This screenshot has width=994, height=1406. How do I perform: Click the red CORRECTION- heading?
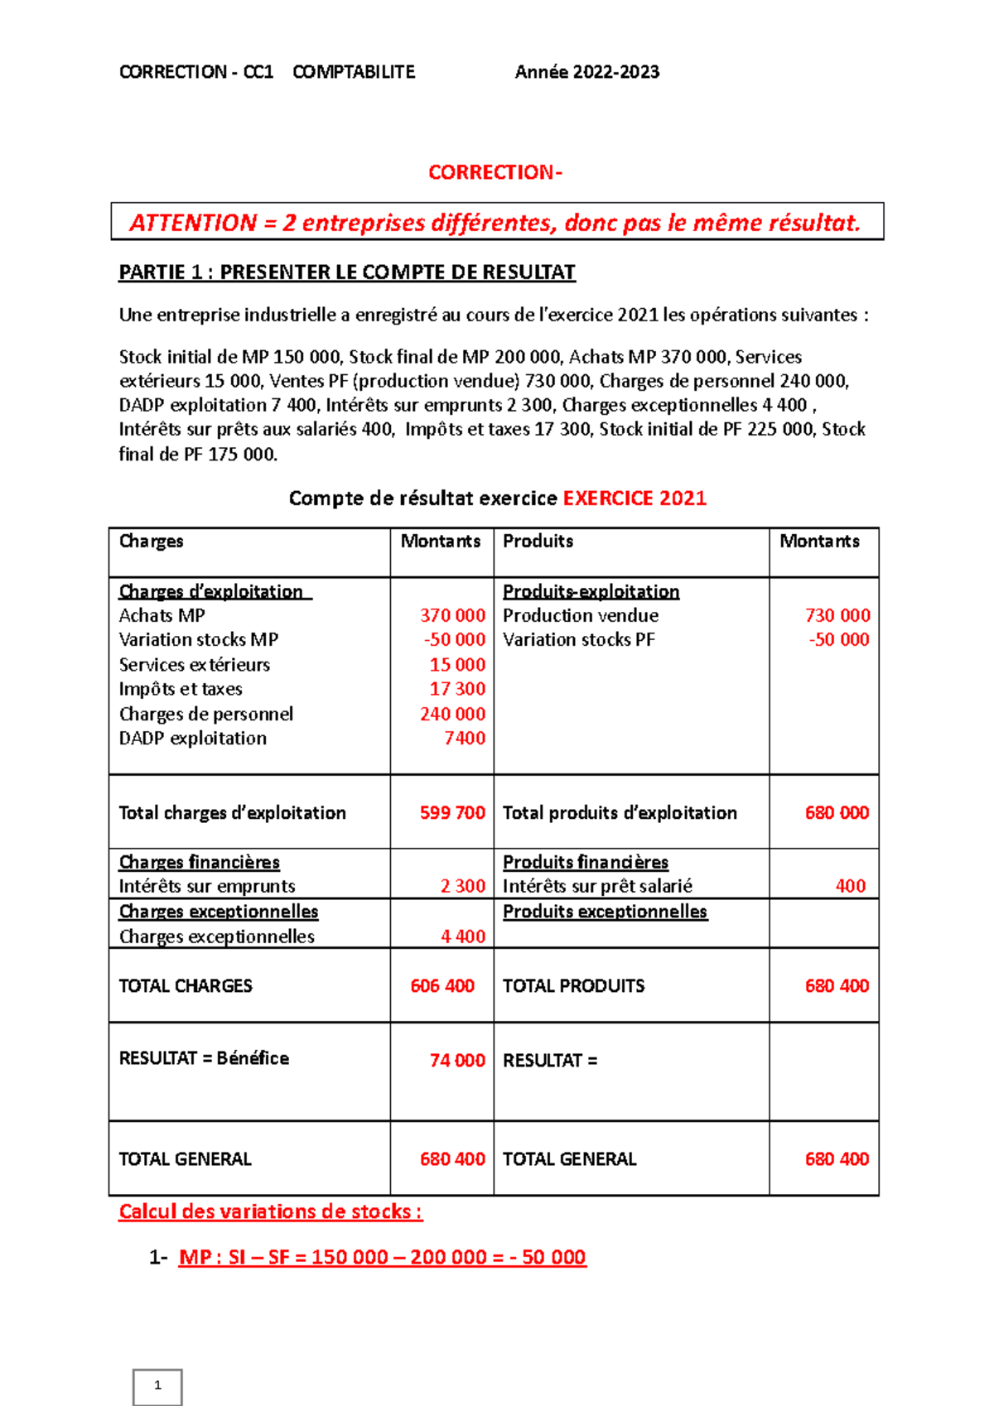(495, 172)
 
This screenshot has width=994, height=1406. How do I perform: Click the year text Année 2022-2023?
(586, 72)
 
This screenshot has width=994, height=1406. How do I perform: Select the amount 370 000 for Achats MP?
(452, 615)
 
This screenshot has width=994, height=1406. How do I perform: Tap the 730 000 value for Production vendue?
(837, 615)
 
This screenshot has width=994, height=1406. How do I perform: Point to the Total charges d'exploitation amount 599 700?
(452, 812)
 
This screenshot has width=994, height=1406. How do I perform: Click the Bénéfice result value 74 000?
(457, 1060)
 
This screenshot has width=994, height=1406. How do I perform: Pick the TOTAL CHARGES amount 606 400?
(442, 985)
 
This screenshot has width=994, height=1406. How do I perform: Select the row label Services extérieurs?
(194, 665)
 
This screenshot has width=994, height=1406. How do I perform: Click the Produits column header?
(538, 541)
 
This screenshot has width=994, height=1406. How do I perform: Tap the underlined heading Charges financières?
(199, 862)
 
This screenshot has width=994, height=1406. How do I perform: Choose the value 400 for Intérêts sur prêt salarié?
(851, 886)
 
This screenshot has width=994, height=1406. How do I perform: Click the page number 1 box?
(157, 1385)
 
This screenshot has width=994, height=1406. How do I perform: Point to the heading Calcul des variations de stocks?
(270, 1211)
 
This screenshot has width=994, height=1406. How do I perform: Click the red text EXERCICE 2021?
(635, 498)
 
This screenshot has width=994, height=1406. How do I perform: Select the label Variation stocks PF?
(578, 639)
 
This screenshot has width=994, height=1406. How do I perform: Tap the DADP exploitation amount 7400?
(465, 738)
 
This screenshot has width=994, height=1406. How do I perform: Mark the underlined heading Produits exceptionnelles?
(605, 911)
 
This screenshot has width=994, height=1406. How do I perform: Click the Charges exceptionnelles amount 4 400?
(463, 937)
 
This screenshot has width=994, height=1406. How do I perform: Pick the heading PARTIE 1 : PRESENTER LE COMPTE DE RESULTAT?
(347, 272)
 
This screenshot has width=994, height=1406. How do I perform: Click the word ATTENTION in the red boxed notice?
(193, 223)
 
